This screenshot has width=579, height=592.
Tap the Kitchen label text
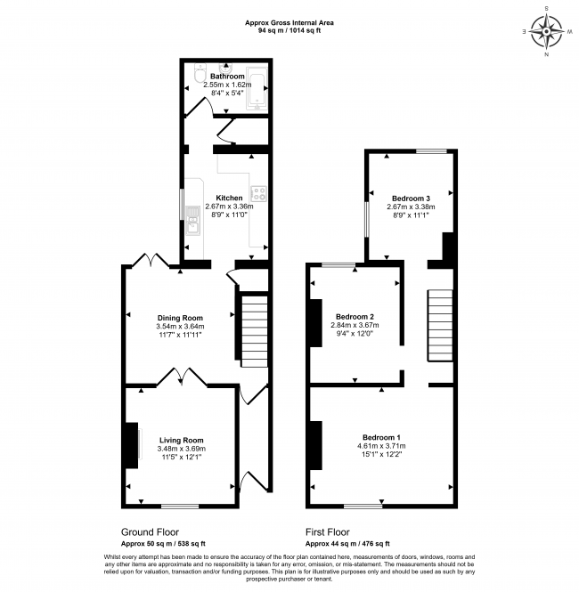pos(229,198)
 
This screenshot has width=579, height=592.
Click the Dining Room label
pos(181,318)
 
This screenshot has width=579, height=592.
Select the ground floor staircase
pos(253,330)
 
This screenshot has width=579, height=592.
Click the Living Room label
pos(182,440)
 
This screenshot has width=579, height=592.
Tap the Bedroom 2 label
pos(355,316)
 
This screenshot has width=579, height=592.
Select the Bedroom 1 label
pos(381,436)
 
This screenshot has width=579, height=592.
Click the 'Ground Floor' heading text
pos(148,531)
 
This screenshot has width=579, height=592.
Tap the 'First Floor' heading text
pos(330,531)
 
